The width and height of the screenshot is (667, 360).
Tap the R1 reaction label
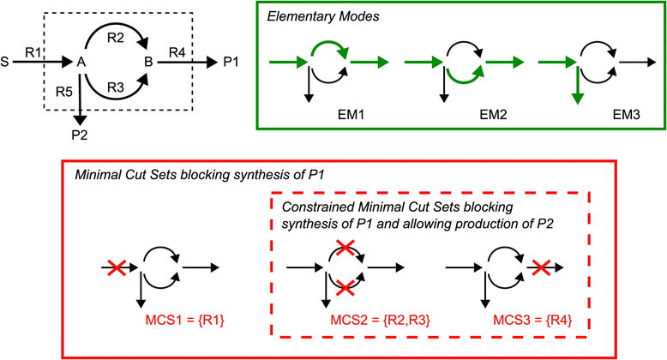click(x=33, y=52)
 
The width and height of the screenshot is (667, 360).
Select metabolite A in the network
click(x=81, y=62)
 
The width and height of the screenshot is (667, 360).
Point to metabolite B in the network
click(x=149, y=62)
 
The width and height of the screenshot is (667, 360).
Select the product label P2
click(x=80, y=134)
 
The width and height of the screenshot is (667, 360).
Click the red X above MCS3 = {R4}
click(x=539, y=268)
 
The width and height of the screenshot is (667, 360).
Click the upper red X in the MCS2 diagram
click(x=344, y=249)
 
